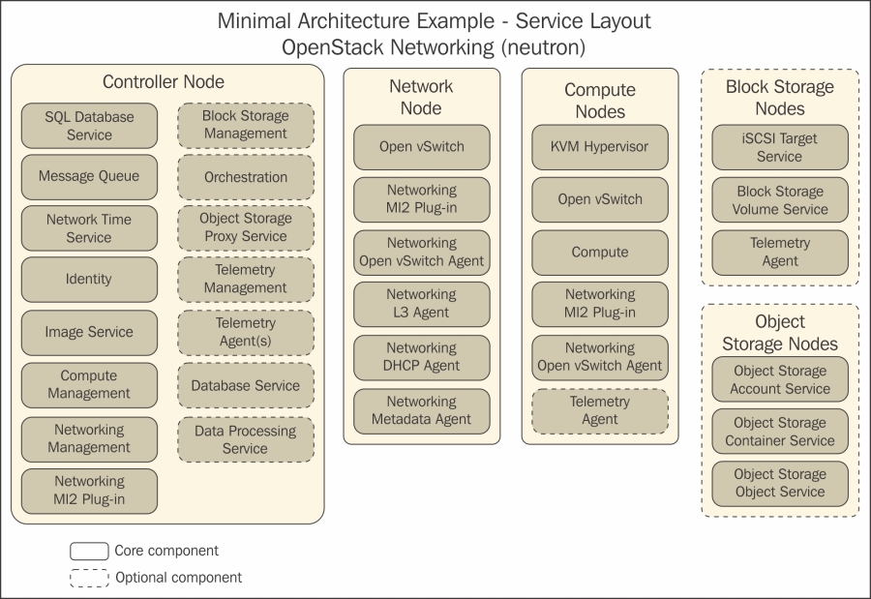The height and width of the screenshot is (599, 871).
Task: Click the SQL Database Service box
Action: click(89, 126)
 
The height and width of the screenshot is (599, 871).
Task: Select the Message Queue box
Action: click(89, 177)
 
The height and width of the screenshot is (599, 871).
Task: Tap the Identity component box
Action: click(89, 280)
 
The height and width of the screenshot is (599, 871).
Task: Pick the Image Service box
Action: click(89, 332)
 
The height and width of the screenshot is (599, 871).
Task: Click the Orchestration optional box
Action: click(246, 178)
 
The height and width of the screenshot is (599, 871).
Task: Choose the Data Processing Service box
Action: click(246, 439)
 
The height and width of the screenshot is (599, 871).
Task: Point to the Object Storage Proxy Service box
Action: click(246, 227)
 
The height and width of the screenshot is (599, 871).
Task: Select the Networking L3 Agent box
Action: click(421, 304)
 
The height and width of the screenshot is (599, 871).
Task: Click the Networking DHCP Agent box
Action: click(421, 357)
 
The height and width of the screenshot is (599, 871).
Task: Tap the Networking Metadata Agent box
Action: click(421, 410)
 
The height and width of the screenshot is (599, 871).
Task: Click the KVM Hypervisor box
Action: click(600, 147)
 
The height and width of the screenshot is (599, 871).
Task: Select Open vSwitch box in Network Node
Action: click(421, 147)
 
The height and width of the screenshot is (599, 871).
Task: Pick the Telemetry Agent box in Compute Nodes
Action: click(600, 410)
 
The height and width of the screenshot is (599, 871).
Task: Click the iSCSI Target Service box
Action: click(780, 147)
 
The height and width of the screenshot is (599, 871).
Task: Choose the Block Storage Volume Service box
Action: click(780, 200)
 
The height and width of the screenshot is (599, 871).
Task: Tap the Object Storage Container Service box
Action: click(780, 432)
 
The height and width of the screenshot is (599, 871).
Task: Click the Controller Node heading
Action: click(164, 82)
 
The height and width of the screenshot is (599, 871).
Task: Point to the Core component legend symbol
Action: click(89, 552)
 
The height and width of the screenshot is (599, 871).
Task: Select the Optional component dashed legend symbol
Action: click(89, 578)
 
